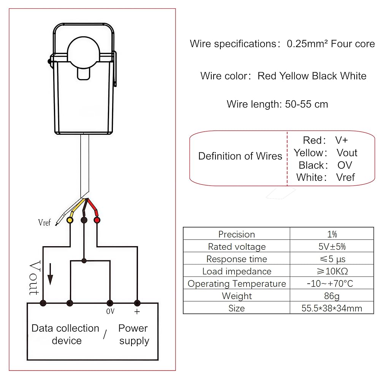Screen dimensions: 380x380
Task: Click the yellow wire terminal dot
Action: tap(70, 220)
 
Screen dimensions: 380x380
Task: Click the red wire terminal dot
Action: tap(97, 220)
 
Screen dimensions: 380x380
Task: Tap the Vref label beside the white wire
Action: tap(44, 223)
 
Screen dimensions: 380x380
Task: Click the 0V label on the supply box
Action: tap(110, 312)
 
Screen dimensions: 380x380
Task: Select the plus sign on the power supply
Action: tap(137, 312)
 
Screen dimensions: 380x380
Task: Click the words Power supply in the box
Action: tap(133, 334)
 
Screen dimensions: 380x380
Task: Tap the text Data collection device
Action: tap(65, 334)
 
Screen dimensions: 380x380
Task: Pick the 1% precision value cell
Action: tap(332, 234)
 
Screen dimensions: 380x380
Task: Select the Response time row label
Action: tap(236, 259)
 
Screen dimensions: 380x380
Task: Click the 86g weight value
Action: tap(332, 296)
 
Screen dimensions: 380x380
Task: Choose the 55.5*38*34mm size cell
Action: tap(332, 308)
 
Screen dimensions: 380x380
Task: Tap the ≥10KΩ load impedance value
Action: tap(332, 271)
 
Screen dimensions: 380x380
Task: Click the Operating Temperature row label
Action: tap(236, 283)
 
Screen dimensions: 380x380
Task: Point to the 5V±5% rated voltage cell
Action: tap(332, 247)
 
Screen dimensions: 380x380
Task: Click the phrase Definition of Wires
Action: tap(240, 156)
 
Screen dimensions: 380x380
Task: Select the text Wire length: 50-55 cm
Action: tap(277, 104)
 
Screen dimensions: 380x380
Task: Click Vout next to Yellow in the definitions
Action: tap(347, 153)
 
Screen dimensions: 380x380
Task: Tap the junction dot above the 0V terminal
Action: tap(84, 261)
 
